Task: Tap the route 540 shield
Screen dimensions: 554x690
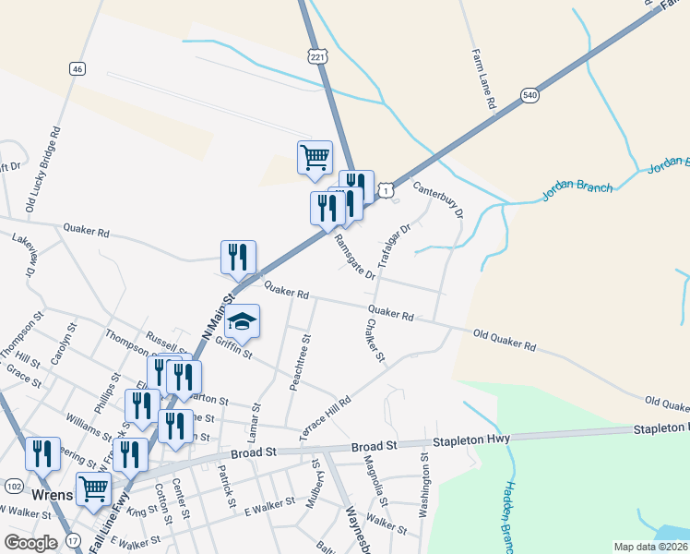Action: point(529,96)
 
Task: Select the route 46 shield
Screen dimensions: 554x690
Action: point(77,68)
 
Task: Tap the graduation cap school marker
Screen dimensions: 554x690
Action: point(243,321)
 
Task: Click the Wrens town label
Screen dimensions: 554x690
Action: point(52,495)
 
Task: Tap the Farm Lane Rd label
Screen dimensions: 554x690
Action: point(483,81)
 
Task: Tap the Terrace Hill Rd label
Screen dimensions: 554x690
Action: point(326,417)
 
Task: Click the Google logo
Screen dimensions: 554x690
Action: point(31,543)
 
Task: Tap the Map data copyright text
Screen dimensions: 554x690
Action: point(649,547)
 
